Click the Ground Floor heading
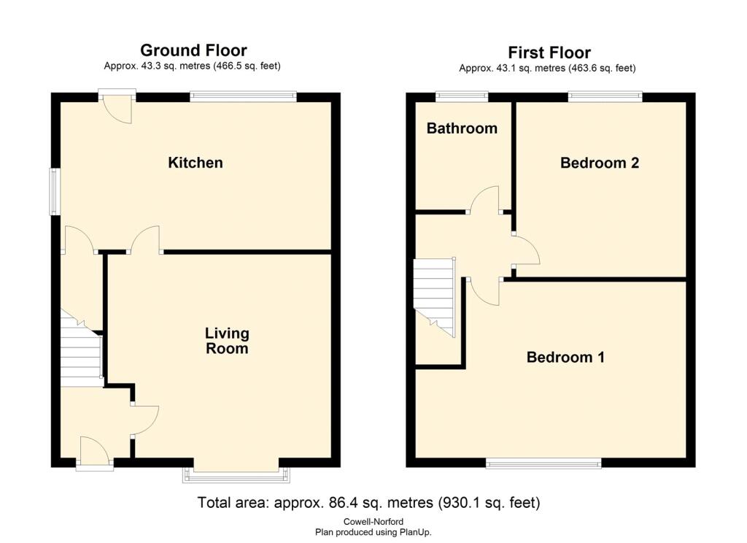(193, 50)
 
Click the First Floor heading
(549, 53)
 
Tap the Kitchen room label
(196, 163)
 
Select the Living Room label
(227, 341)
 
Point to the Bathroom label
(462, 128)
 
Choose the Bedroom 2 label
(600, 163)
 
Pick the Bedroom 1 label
(565, 358)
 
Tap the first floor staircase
(434, 296)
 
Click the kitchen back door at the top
(117, 106)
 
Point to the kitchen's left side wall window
(55, 192)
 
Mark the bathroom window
(462, 96)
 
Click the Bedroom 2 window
(605, 96)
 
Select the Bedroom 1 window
(543, 462)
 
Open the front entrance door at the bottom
(96, 452)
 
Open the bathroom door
(484, 201)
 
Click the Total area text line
(368, 503)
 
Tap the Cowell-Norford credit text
(373, 521)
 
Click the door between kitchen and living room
(146, 241)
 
